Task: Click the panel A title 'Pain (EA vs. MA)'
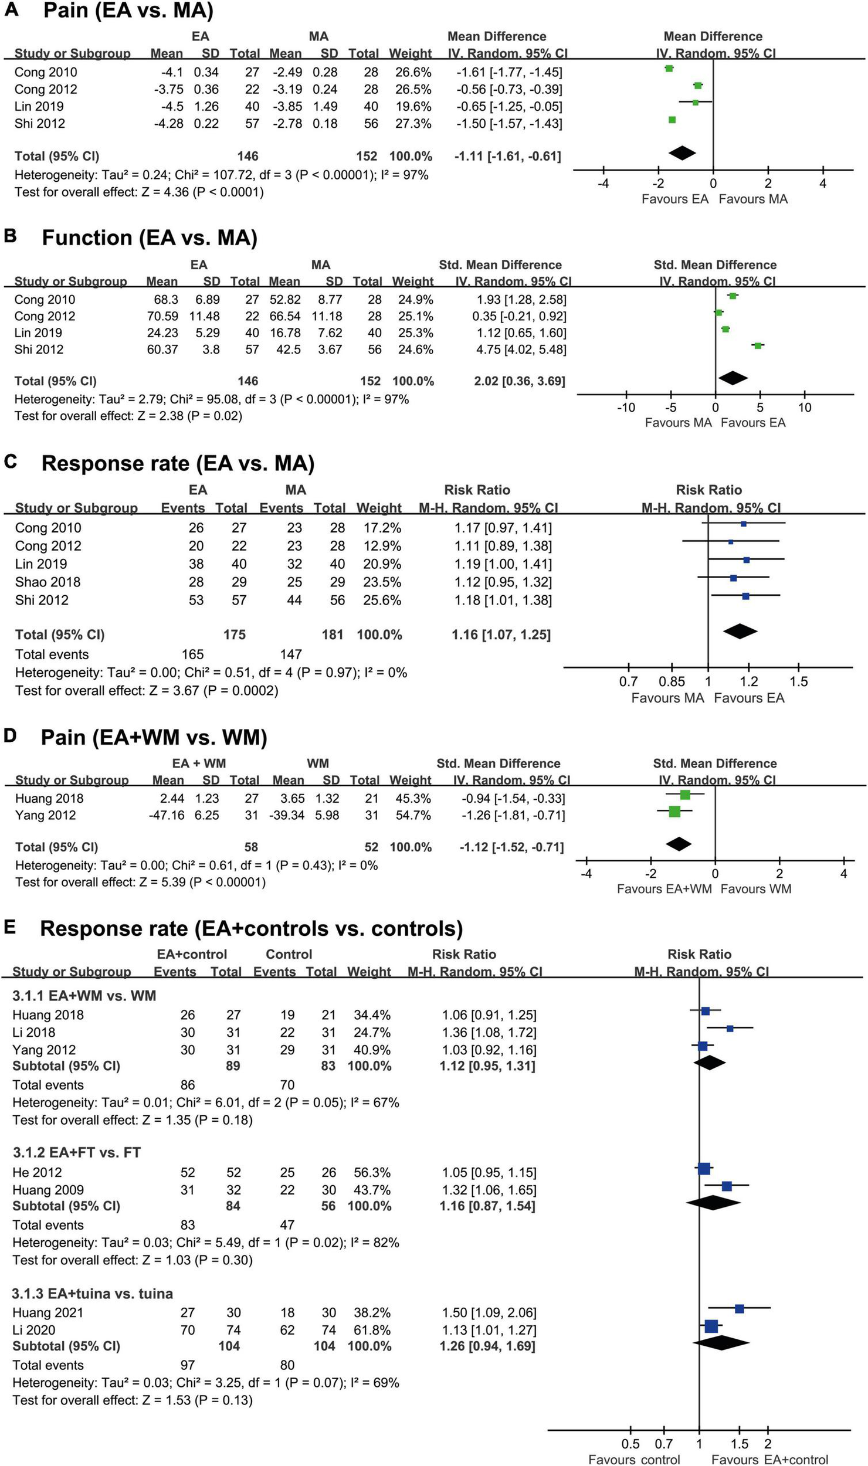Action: pos(128,11)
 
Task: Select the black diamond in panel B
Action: pos(733,378)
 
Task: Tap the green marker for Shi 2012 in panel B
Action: pos(758,346)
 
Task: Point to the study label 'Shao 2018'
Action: pos(48,582)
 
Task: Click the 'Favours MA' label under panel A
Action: pos(753,199)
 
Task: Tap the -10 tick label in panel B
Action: pos(626,408)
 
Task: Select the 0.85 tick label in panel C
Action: pos(672,681)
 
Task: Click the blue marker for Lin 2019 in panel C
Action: pos(746,560)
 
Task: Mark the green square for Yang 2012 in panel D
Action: pos(674,812)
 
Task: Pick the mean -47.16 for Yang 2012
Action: pos(168,815)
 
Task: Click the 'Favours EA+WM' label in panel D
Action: pos(664,888)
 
